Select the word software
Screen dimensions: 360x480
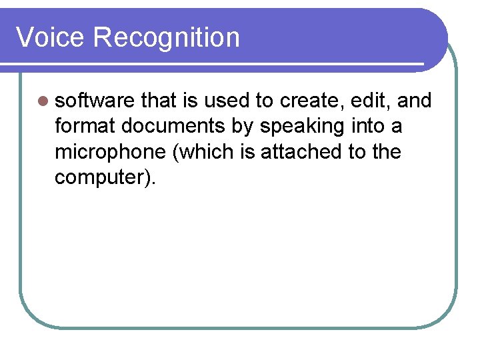tap(95, 101)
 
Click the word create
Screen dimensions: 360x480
tap(311, 101)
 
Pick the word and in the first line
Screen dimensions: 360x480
tap(415, 101)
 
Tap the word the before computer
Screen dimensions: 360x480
tap(386, 152)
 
